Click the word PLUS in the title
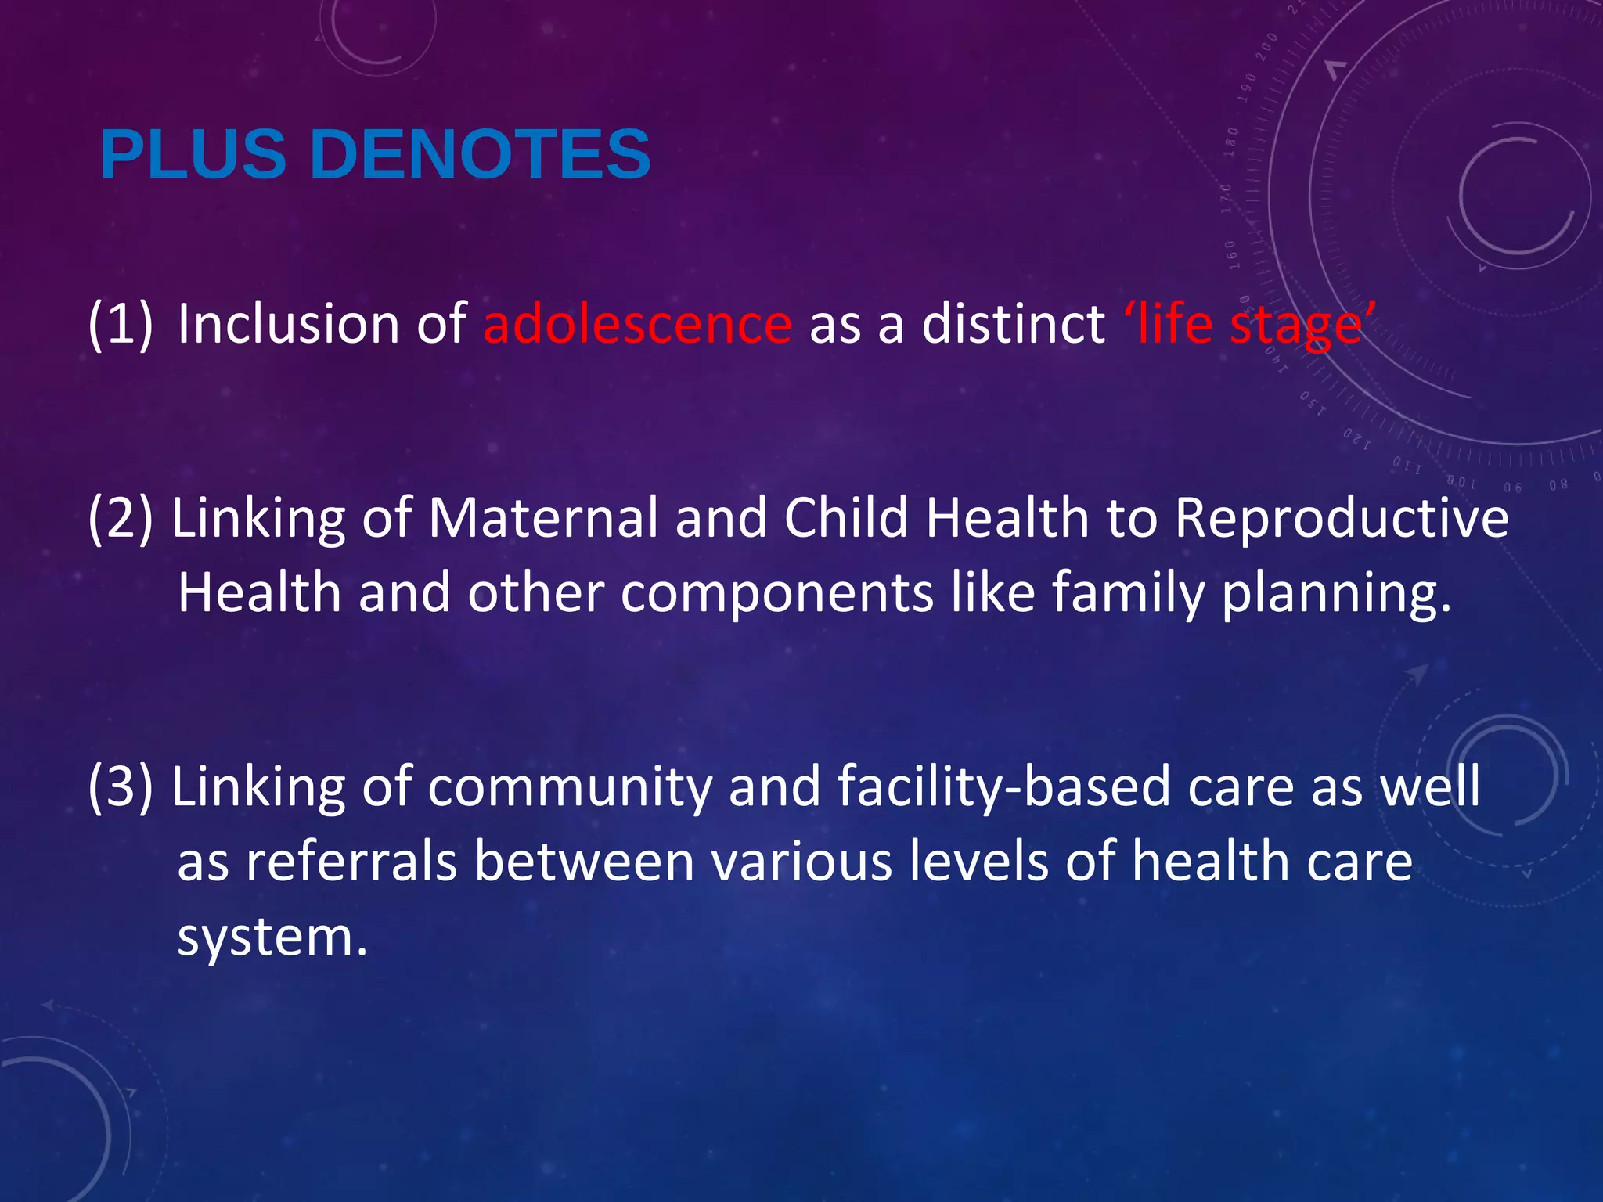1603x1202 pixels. pyautogui.click(x=193, y=154)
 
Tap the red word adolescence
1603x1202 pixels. pyautogui.click(x=637, y=324)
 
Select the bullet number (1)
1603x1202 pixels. pyautogui.click(x=121, y=324)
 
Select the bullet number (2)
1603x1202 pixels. pyautogui.click(x=121, y=518)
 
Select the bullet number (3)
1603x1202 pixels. pyautogui.click(x=121, y=786)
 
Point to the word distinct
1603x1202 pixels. pyautogui.click(x=1013, y=324)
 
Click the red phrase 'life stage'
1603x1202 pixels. pyautogui.click(x=1249, y=324)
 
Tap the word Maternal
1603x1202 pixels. pyautogui.click(x=543, y=518)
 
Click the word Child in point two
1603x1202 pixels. pyautogui.click(x=846, y=518)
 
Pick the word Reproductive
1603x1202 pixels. pyautogui.click(x=1342, y=518)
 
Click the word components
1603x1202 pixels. pyautogui.click(x=777, y=592)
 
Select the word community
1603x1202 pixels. pyautogui.click(x=570, y=787)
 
